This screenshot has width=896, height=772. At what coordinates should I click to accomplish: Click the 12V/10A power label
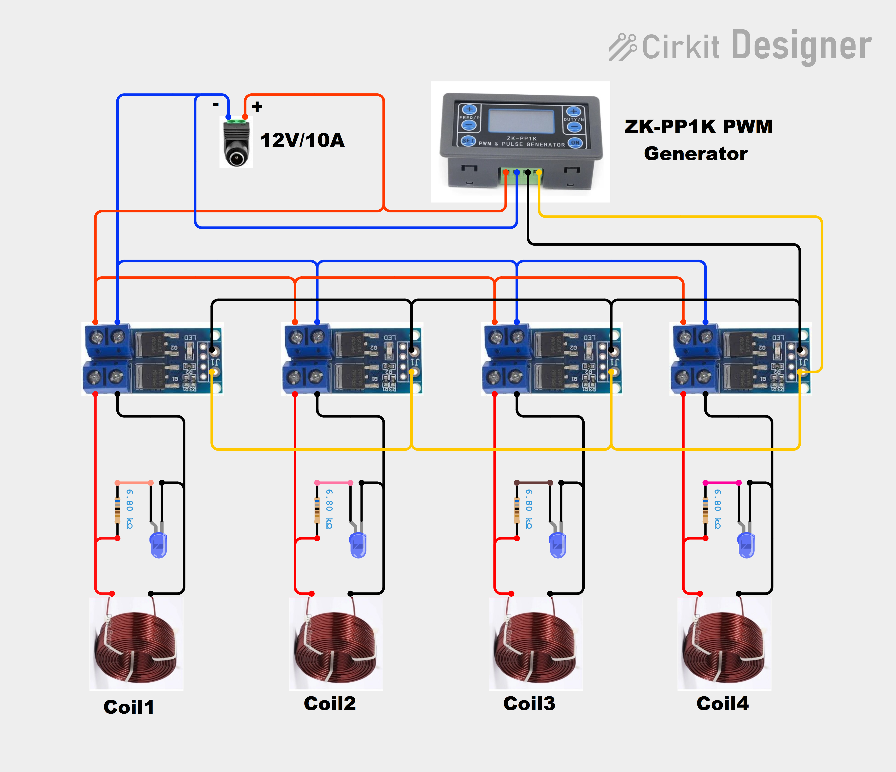pyautogui.click(x=302, y=140)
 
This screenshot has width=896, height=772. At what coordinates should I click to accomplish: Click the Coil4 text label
pyautogui.click(x=722, y=703)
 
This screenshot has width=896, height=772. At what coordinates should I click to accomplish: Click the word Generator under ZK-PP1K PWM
pyautogui.click(x=695, y=154)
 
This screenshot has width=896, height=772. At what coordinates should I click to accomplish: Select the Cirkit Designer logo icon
pyautogui.click(x=623, y=47)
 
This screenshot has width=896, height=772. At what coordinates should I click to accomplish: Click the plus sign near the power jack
pyautogui.click(x=257, y=106)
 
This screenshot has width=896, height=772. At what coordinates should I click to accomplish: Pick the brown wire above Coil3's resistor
pyautogui.click(x=533, y=482)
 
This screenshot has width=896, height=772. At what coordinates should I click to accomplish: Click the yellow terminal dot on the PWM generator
pyautogui.click(x=539, y=172)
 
